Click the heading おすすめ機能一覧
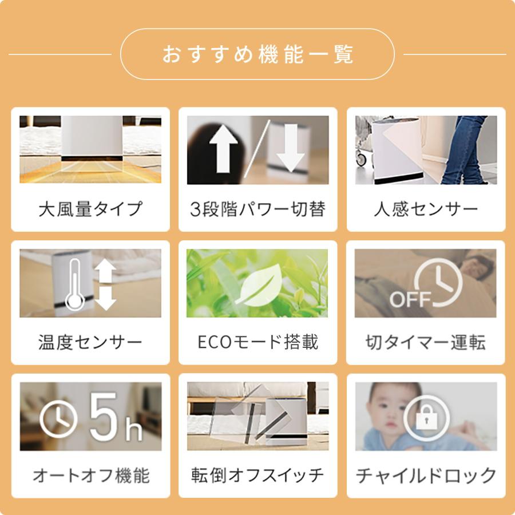tap(257, 54)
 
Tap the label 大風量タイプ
tap(90, 209)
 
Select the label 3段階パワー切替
tap(257, 209)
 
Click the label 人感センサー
tap(426, 209)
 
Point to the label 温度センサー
tap(90, 342)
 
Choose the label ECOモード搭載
tap(257, 342)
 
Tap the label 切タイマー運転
tap(426, 342)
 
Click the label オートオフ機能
tap(90, 475)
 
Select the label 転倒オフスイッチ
tap(257, 475)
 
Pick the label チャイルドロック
tap(426, 475)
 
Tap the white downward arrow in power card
tap(292, 148)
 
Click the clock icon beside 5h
tap(58, 419)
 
